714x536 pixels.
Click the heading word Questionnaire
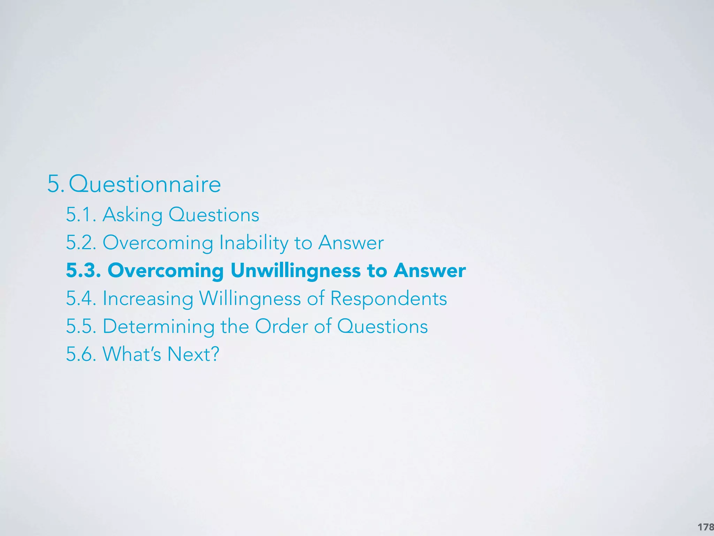(145, 184)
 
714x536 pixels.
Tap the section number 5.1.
(81, 215)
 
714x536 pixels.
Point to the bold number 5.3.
(83, 270)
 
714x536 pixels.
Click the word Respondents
(388, 299)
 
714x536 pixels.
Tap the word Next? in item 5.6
(193, 354)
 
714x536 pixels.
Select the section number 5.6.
(81, 354)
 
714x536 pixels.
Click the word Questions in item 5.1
(214, 215)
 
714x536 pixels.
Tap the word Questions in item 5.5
(382, 327)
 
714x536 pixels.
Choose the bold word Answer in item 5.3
(430, 270)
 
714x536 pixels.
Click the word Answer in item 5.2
(351, 243)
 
